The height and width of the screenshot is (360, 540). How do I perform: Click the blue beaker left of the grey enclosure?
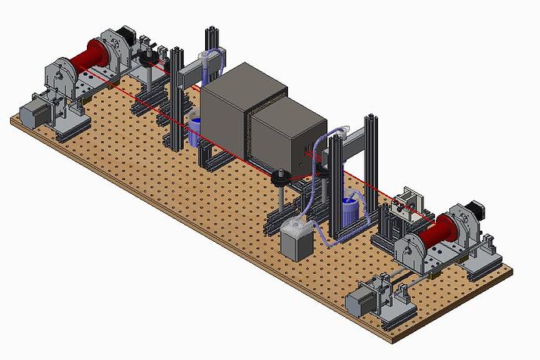tap(196, 130)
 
